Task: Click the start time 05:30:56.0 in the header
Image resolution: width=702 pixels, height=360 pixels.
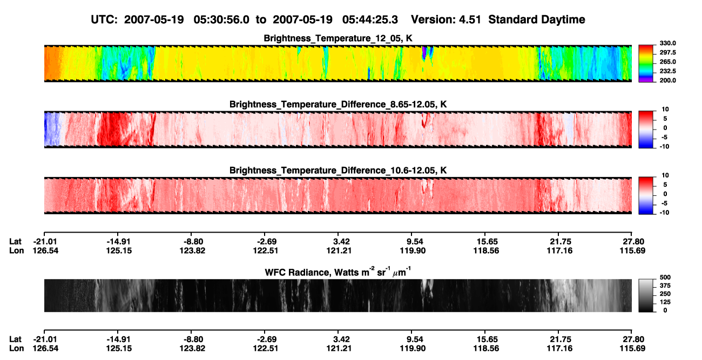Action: [x=221, y=20]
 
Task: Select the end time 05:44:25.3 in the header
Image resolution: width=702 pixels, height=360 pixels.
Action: [x=370, y=20]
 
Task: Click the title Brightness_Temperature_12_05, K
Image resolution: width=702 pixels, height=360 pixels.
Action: [x=338, y=38]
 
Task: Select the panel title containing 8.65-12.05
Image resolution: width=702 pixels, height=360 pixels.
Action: [x=338, y=104]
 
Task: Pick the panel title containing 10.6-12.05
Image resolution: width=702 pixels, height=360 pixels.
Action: [x=338, y=171]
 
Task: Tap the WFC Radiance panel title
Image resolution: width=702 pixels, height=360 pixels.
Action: [x=338, y=272]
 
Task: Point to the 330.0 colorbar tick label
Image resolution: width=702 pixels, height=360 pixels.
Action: [x=667, y=43]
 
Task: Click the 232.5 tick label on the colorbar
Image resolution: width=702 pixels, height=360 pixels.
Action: [x=667, y=71]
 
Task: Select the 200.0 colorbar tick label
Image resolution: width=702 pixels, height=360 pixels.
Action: [x=667, y=80]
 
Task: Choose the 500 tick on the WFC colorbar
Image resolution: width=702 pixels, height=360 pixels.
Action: [x=665, y=277]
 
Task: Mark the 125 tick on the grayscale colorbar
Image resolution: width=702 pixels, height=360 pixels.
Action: [x=665, y=302]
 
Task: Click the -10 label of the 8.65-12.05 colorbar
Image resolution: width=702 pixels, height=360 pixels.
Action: [x=664, y=147]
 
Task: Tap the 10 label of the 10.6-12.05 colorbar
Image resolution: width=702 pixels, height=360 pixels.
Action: [x=665, y=175]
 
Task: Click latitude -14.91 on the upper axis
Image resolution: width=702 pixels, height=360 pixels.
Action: [x=118, y=242]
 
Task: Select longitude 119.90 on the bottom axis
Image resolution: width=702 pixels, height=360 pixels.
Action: [x=413, y=349]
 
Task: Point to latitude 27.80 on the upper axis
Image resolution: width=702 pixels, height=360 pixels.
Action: [x=633, y=242]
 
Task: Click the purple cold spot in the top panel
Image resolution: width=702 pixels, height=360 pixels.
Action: [x=424, y=53]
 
